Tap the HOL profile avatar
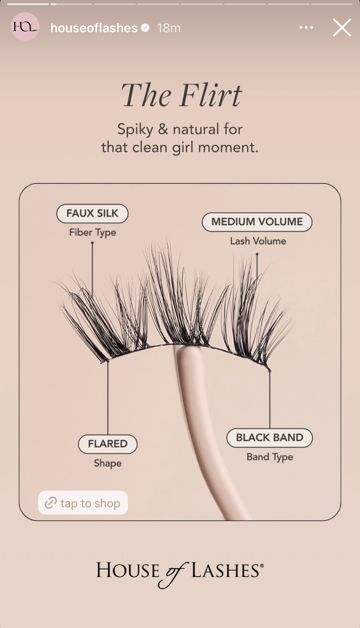25,27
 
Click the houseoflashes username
94,28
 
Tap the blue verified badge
145,28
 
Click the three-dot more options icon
306,27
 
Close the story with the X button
342,27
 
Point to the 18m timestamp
169,28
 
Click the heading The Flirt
181,95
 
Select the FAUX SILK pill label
92,214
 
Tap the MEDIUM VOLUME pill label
257,222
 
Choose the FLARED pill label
108,444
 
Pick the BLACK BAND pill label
270,438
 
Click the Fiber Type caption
93,232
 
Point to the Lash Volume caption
258,241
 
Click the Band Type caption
270,457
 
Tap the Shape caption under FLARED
108,463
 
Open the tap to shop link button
83,503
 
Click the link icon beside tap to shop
51,503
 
